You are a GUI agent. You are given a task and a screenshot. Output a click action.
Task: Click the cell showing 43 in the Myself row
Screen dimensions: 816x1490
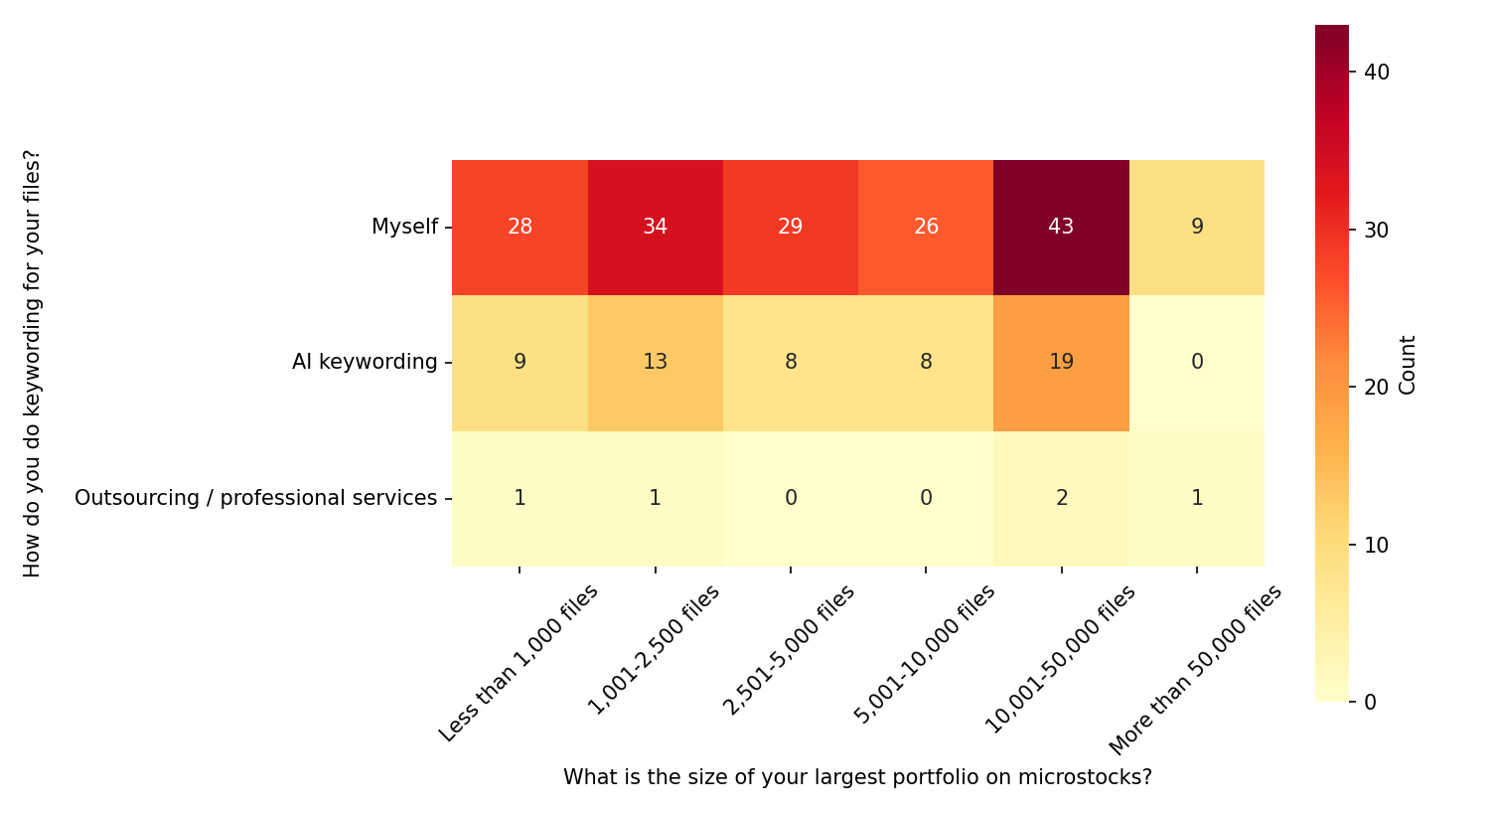click(1061, 227)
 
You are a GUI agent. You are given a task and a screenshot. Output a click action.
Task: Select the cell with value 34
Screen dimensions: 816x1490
click(655, 227)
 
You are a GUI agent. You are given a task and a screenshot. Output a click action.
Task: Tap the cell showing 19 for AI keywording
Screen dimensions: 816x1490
click(1061, 362)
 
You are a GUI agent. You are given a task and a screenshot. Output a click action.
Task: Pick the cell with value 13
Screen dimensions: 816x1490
click(655, 362)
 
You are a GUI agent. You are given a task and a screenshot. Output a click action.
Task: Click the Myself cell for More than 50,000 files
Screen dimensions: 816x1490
click(1197, 227)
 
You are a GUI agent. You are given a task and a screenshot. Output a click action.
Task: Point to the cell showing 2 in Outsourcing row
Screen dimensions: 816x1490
click(1061, 498)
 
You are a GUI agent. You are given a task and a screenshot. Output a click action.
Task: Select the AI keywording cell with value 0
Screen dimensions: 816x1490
click(1197, 362)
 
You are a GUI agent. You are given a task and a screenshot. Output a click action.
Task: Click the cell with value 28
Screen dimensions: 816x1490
click(520, 227)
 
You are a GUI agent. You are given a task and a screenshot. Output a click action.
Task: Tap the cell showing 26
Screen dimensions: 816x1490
click(926, 227)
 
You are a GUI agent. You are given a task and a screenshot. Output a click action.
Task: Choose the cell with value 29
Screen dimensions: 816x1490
click(791, 227)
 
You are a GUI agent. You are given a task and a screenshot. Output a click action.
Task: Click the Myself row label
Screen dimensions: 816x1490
click(404, 227)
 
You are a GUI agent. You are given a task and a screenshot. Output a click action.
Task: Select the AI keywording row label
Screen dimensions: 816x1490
click(365, 362)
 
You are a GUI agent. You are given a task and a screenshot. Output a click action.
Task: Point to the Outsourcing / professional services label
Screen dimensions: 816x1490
click(255, 498)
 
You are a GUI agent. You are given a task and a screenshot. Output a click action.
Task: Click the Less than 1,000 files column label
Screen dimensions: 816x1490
click(519, 663)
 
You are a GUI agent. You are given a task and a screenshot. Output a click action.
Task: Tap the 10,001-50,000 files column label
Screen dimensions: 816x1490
click(1060, 659)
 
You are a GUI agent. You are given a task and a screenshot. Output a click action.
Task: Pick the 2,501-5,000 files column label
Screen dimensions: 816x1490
click(789, 650)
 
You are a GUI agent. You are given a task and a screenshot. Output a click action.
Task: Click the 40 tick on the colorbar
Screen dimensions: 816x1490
click(1377, 73)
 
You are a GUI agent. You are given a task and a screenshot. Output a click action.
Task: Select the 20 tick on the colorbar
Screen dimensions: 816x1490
click(1377, 388)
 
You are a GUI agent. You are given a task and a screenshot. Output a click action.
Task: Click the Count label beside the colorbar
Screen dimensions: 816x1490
click(1408, 365)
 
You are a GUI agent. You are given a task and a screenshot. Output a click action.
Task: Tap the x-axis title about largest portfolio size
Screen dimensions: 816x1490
click(857, 777)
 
